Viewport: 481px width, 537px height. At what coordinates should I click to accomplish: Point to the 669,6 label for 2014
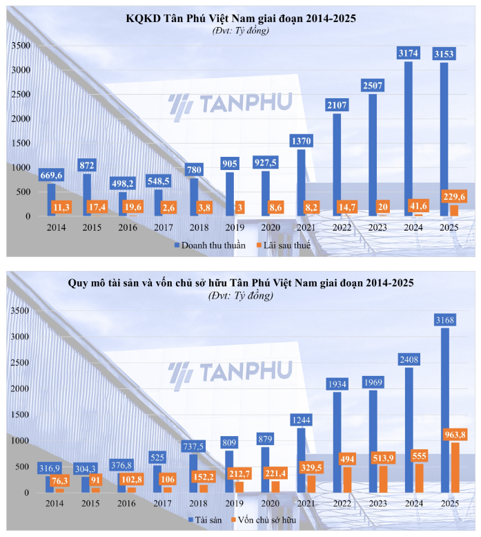pyautogui.click(x=51, y=175)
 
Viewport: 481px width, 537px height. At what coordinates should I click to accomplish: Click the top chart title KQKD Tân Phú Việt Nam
pyautogui.click(x=241, y=19)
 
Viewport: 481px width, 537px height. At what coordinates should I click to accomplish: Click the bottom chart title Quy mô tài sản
pyautogui.click(x=241, y=283)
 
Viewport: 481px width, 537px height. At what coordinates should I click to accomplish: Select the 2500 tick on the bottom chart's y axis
pyautogui.click(x=21, y=363)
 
